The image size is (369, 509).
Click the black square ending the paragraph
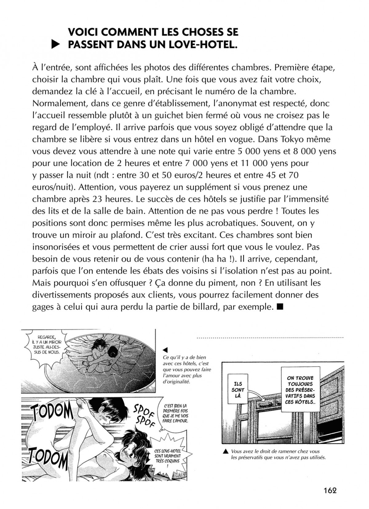click(280, 307)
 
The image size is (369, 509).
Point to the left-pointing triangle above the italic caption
click(165, 350)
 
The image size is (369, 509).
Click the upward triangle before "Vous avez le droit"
click(226, 452)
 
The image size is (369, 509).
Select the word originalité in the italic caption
click(177, 382)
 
